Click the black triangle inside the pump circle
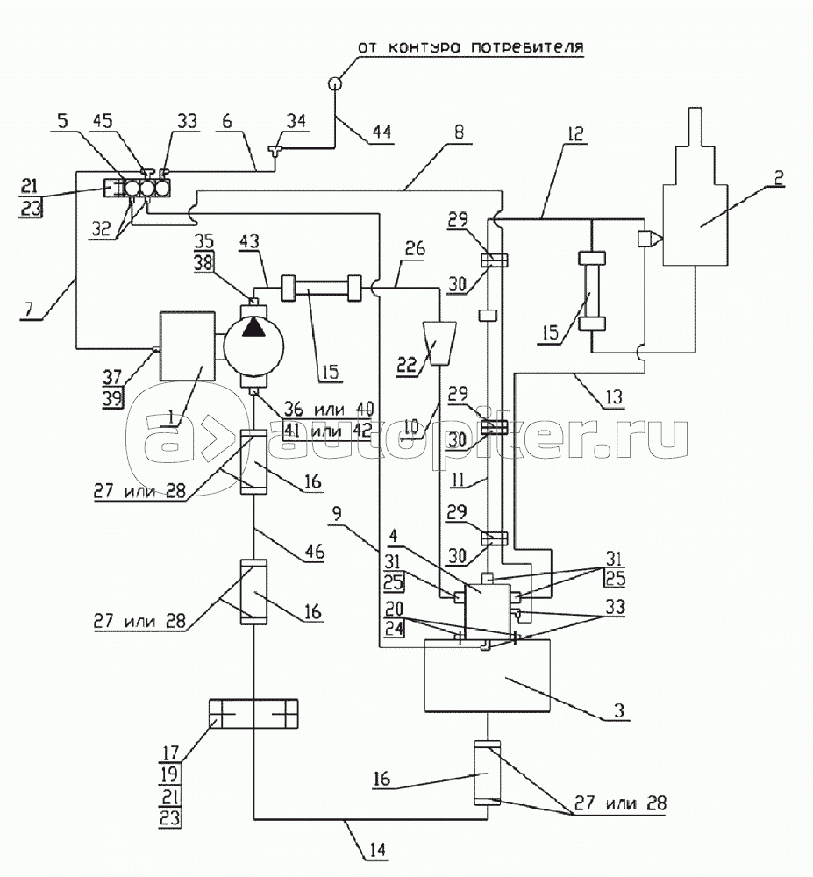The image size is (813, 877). (253, 328)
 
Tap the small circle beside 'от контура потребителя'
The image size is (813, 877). (335, 84)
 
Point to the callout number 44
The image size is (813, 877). (382, 132)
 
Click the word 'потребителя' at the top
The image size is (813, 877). (530, 46)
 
